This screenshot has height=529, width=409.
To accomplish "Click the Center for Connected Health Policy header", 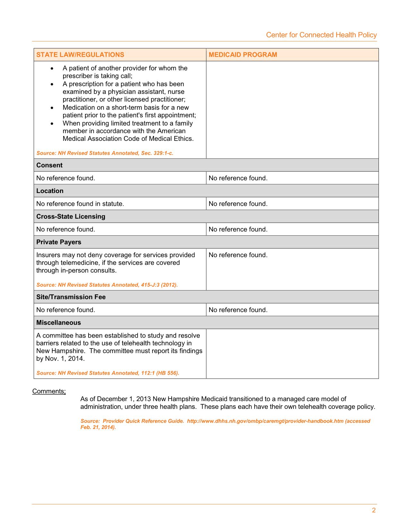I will click(x=321, y=35).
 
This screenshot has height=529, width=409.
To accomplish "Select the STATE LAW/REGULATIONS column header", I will click(x=80, y=55).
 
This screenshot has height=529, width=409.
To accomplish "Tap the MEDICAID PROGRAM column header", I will click(x=243, y=55).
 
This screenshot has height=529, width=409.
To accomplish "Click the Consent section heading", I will click(x=49, y=165).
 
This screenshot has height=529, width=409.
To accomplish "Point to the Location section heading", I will click(x=50, y=191).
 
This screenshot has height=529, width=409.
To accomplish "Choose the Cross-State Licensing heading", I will click(x=71, y=216).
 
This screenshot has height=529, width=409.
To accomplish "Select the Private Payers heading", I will click(x=59, y=242).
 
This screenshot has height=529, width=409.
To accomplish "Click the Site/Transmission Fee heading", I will click(x=71, y=297).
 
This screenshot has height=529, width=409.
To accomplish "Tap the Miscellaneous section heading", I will click(x=58, y=323).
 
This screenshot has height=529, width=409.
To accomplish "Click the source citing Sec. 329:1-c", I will click(x=105, y=153).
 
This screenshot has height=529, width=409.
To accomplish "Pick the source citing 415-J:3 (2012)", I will click(x=107, y=285).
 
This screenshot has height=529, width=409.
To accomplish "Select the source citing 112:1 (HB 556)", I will click(x=108, y=373).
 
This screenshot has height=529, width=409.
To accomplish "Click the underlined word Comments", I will click(x=48, y=391).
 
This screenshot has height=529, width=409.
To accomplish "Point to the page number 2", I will click(x=374, y=510).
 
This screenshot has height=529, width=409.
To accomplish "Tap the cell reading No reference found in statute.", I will click(x=80, y=204).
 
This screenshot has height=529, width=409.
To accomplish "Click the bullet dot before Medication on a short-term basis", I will click(x=52, y=108).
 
